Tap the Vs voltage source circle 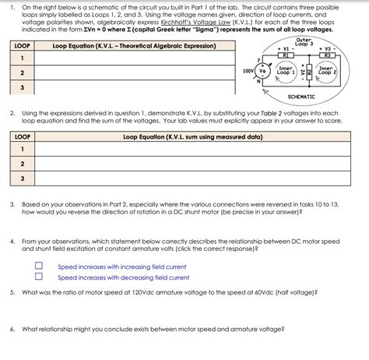click(x=262, y=71)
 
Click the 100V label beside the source click(x=248, y=70)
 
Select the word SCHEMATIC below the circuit click(x=301, y=97)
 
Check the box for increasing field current click(x=38, y=266)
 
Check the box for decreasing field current click(x=38, y=276)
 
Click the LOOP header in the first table click(x=23, y=46)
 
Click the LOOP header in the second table click(x=23, y=136)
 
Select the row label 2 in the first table click(x=23, y=72)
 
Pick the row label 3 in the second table click(x=23, y=178)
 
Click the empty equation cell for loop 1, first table click(x=136, y=58)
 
